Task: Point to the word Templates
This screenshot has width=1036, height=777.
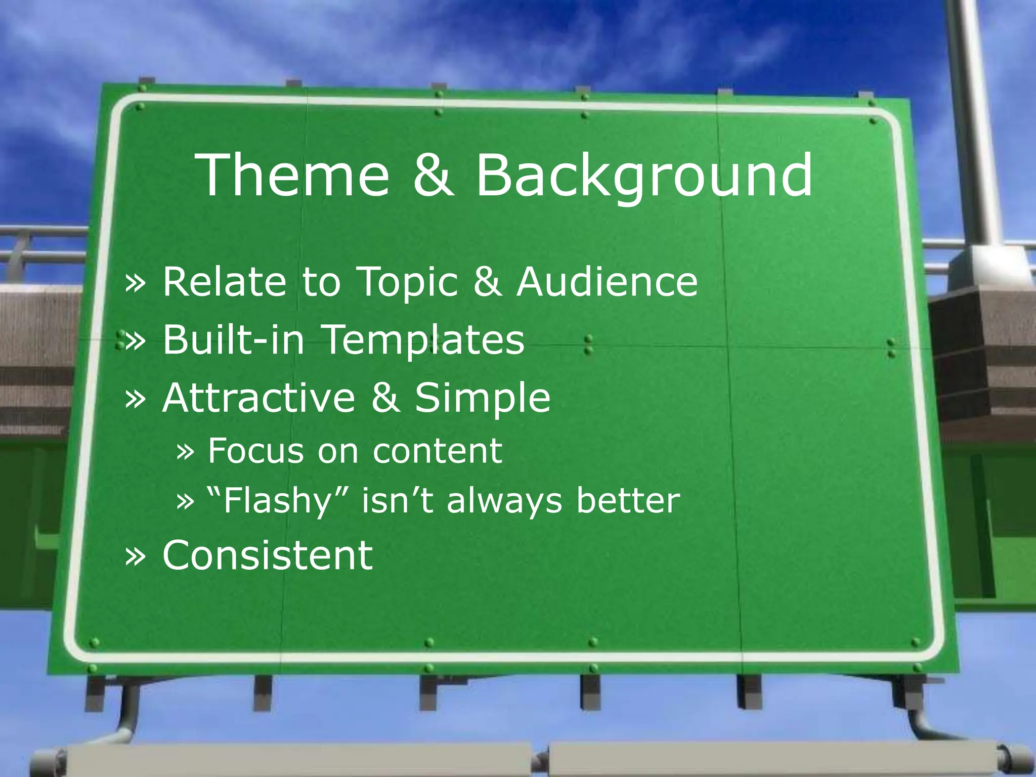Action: (x=423, y=339)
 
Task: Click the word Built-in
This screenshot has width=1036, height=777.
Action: (x=234, y=339)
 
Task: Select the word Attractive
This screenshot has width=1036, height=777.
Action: (x=259, y=397)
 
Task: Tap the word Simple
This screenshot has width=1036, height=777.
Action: (x=483, y=397)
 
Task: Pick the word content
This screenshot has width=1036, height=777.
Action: (x=438, y=450)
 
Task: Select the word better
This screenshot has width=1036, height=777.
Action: (x=628, y=501)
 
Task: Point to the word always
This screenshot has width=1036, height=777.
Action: (x=504, y=501)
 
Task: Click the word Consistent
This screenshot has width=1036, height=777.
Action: (x=268, y=555)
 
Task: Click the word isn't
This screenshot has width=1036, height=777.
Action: (x=398, y=501)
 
